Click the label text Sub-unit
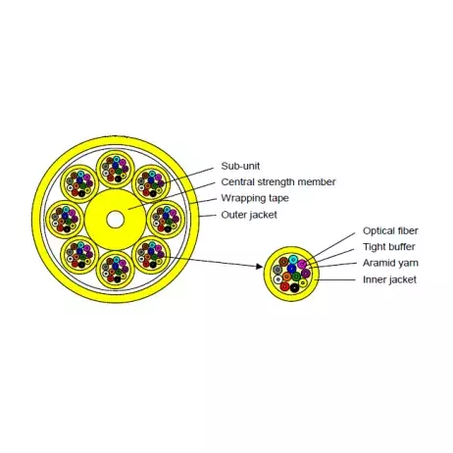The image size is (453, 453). (x=240, y=166)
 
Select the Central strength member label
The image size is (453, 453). (x=278, y=182)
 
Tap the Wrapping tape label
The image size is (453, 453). (x=255, y=198)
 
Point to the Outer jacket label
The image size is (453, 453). (x=249, y=215)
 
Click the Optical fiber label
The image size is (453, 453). (x=390, y=230)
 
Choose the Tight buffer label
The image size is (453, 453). (x=389, y=247)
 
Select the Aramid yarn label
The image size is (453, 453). (x=390, y=263)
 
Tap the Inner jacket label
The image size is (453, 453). (x=389, y=279)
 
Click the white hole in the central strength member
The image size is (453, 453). (x=115, y=220)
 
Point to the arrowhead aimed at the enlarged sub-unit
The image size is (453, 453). (x=259, y=267)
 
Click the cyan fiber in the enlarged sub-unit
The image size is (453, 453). (x=293, y=260)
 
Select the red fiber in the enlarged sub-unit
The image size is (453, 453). (x=285, y=287)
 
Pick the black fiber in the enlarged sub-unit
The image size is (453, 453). (x=294, y=288)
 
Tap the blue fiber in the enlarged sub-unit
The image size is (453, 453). (x=291, y=269)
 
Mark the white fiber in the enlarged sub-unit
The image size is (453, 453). (x=277, y=279)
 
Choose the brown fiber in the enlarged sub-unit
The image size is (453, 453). (x=283, y=262)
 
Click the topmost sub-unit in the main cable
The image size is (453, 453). (x=116, y=170)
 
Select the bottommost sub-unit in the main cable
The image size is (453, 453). (x=116, y=270)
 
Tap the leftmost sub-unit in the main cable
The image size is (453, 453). (x=65, y=220)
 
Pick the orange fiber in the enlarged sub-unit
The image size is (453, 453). (x=286, y=277)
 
